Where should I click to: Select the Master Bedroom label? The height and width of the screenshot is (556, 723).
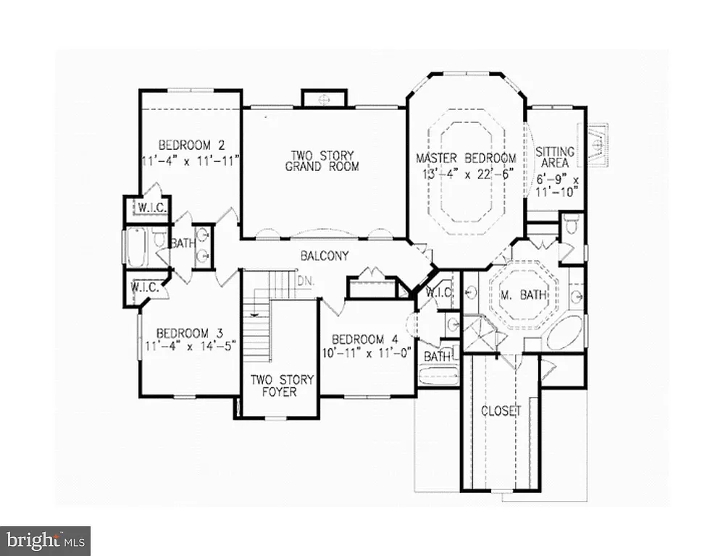pyautogui.click(x=466, y=158)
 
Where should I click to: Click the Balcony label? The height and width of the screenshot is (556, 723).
pyautogui.click(x=325, y=256)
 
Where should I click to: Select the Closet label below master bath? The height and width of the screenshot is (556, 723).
pyautogui.click(x=501, y=410)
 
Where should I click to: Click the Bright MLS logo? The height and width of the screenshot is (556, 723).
pyautogui.click(x=45, y=540)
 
